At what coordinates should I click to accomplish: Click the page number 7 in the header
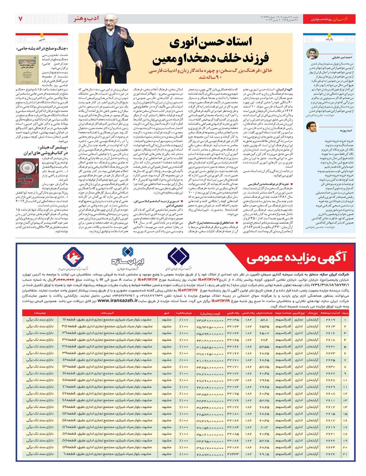[20, 19]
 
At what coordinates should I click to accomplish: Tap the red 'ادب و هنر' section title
[86, 19]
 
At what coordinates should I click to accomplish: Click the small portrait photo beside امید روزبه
[312, 127]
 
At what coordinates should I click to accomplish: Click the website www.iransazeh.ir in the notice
[117, 301]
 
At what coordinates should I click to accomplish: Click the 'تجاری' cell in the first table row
[299, 320]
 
